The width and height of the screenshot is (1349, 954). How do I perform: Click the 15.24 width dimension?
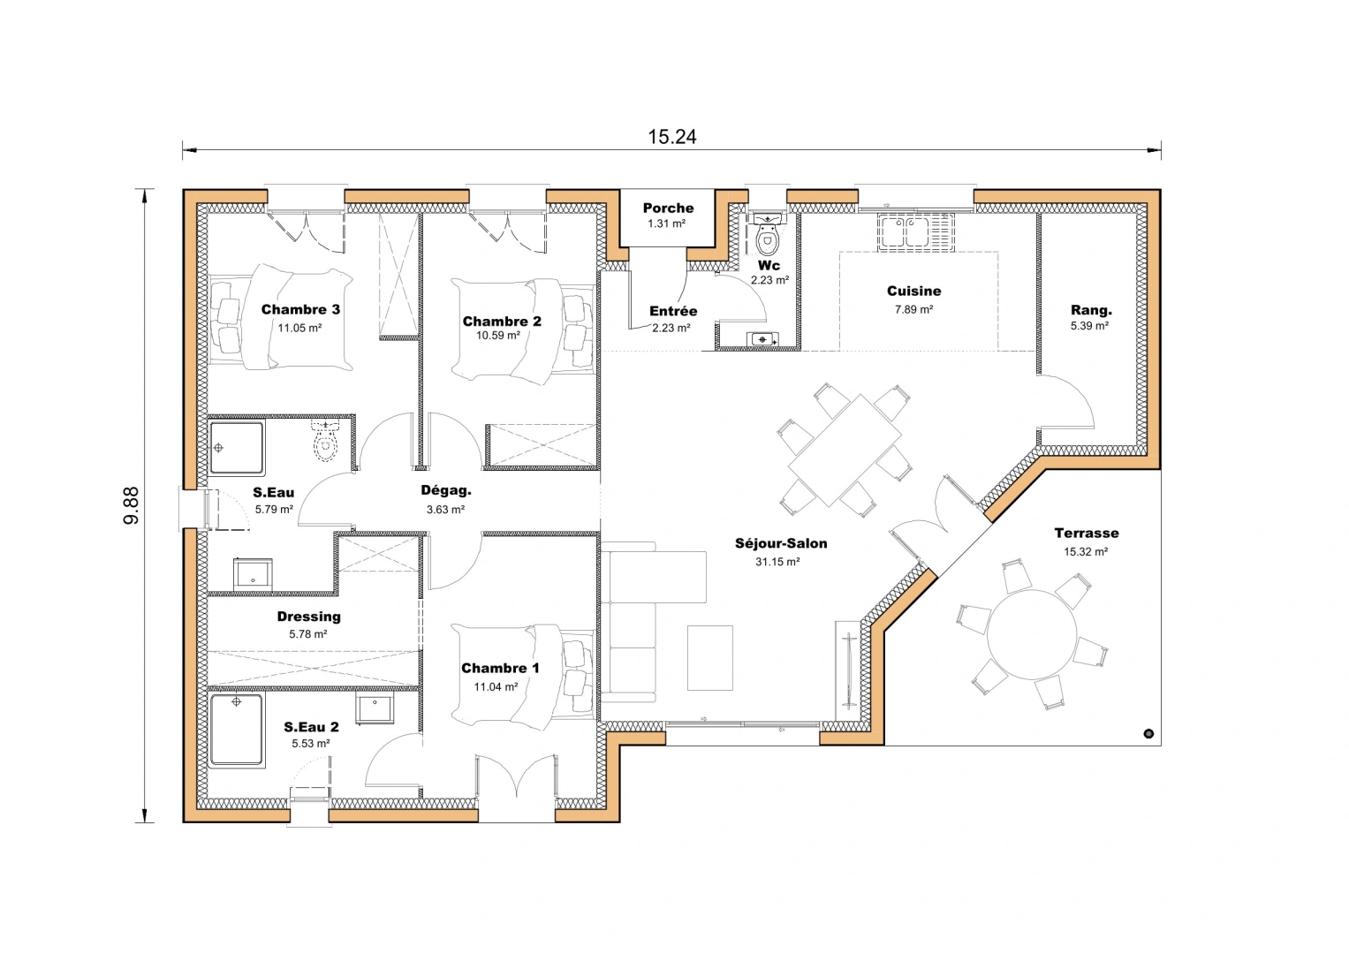pos(671,137)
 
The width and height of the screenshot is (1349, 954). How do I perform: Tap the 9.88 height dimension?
pos(131,505)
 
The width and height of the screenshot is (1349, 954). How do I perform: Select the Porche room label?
pos(668,208)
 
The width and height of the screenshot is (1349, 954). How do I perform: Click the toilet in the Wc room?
pos(768,238)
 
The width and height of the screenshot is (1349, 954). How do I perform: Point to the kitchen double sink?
pos(903,232)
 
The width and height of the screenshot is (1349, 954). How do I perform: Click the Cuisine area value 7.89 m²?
pos(913,310)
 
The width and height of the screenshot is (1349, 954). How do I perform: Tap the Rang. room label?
pos(1091,310)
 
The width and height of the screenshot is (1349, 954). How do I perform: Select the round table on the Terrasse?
pos(1032,635)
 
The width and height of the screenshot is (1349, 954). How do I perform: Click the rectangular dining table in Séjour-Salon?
pos(845,450)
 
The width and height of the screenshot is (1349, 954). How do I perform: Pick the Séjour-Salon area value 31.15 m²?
pos(777,562)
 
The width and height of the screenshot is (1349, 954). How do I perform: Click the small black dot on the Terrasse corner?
pos(1148,733)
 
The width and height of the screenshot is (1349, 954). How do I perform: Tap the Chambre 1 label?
pos(500,669)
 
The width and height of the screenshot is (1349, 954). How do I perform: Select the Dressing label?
pos(308,617)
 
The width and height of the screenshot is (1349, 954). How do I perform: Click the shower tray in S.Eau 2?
pos(237,731)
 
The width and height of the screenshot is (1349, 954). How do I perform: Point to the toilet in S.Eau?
pos(326,443)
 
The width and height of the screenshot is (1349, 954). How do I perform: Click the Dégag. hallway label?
pos(446,491)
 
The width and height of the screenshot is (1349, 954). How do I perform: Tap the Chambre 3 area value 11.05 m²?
pos(299,328)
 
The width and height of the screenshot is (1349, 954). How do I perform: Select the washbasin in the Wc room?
pos(762,339)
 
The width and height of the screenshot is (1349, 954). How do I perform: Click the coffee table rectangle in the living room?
pos(710,658)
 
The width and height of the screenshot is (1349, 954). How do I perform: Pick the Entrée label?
pos(673,312)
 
